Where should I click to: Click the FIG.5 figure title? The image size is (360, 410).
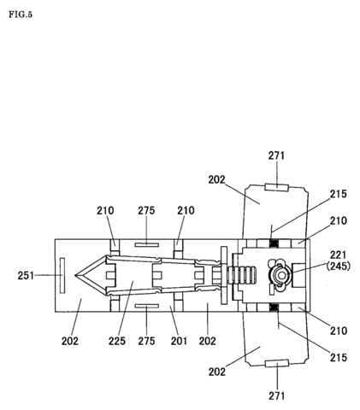pos(21,15)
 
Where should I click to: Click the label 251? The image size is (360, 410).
pos(26,275)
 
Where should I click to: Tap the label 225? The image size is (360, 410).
pos(117,341)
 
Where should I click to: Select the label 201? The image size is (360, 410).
pos(179,341)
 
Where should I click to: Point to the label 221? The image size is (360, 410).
pos(339,255)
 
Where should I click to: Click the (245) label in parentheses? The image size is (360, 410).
pos(339,266)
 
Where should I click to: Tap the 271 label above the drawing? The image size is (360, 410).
pos(276,155)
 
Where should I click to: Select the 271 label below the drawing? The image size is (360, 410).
pos(276,395)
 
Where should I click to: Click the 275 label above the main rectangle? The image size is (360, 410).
pos(146,211)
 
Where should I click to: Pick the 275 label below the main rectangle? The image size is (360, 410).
pos(146,341)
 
